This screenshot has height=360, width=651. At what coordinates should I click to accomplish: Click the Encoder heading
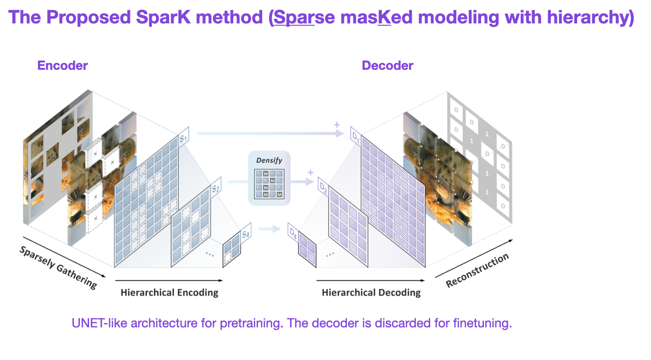coord(62,65)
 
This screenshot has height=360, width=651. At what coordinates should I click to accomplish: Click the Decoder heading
coord(387,65)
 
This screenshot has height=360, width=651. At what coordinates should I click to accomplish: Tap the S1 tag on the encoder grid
coord(184,137)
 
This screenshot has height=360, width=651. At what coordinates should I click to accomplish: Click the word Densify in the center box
coord(269,161)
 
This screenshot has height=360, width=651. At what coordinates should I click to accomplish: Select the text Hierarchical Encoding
coord(169,292)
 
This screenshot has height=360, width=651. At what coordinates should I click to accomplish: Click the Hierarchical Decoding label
coord(371,292)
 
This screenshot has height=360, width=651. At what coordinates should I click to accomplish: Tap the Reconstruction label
coord(477,270)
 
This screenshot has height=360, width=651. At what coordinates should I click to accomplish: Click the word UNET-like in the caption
coord(99,323)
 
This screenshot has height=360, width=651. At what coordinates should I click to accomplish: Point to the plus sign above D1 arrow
coord(337,125)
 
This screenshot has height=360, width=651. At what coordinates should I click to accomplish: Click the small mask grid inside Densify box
coord(269,184)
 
